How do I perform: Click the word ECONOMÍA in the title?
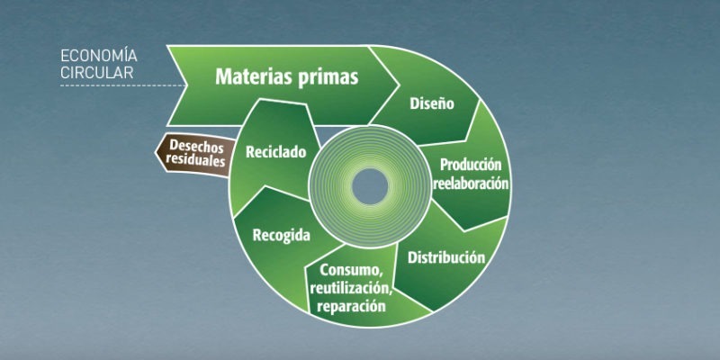pos(99,56)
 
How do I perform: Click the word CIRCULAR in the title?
pos(97,73)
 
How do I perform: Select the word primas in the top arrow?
pos(328,77)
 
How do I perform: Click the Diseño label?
pos(432,103)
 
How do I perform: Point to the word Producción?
pos(471,165)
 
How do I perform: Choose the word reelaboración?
pos(472,184)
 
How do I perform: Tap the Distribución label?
pos(446,257)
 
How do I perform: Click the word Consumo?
pos(351,271)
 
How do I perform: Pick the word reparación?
pos(351,306)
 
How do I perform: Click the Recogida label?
pos(281,236)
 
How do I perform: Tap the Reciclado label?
pos(276,152)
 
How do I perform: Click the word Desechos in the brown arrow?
pos(196,147)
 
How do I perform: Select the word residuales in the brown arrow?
pos(195,160)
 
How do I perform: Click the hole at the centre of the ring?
pos(370,186)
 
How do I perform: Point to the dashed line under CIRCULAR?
pos(123,85)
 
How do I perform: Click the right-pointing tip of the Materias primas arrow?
pos(398,85)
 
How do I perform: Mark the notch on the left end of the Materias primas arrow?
pos(186,85)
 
